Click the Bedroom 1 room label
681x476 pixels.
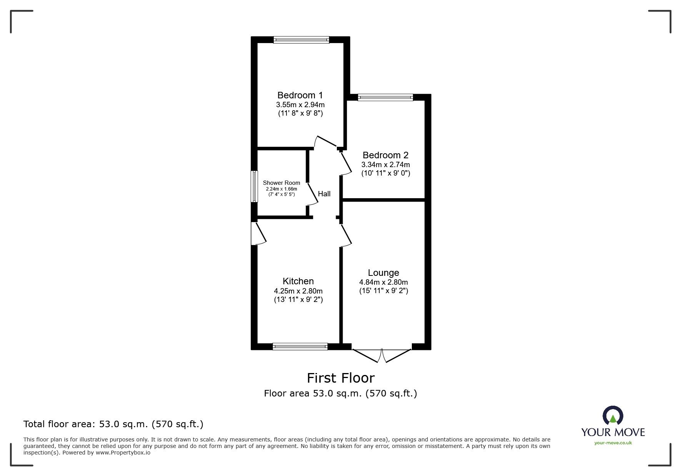(300, 95)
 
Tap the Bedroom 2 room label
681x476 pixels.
(385, 155)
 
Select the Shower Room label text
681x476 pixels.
(281, 183)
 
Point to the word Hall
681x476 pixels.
(324, 194)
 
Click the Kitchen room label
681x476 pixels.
(298, 281)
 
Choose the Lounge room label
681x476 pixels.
(383, 273)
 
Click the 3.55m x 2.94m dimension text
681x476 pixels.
(300, 104)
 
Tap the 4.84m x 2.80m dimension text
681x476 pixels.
(383, 282)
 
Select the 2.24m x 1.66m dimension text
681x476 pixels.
(281, 189)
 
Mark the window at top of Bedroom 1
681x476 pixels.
(301, 40)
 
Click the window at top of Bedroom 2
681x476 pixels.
(385, 98)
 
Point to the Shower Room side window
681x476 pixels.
(254, 186)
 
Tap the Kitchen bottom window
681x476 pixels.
(300, 347)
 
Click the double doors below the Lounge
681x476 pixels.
(382, 355)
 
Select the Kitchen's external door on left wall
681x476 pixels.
(258, 234)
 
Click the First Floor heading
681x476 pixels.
(340, 378)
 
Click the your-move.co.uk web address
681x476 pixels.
(613, 443)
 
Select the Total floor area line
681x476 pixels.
(113, 424)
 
